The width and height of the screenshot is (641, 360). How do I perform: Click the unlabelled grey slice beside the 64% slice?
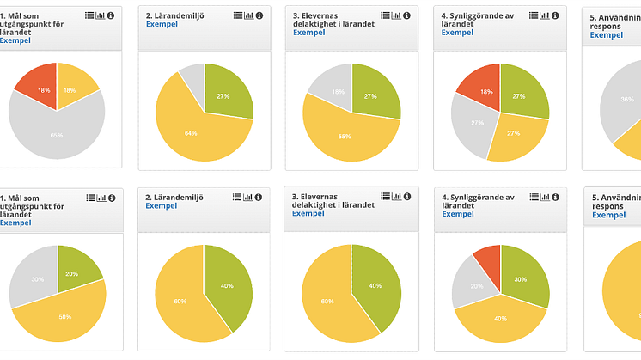point(192,82)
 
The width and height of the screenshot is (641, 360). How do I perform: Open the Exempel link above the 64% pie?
point(161,23)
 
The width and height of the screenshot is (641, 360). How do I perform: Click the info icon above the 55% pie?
point(406,15)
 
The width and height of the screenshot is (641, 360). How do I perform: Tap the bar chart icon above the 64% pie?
point(249,15)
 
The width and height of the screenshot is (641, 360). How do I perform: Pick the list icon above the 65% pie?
point(90,15)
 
